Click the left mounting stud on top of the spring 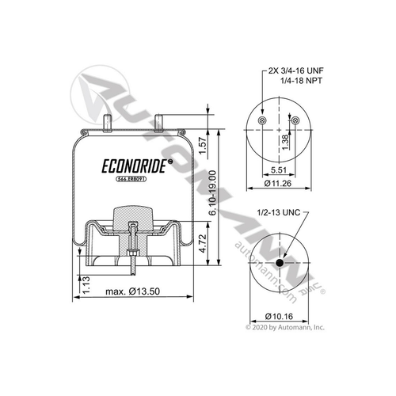click(x=106, y=120)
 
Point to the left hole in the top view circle click(x=261, y=121)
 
